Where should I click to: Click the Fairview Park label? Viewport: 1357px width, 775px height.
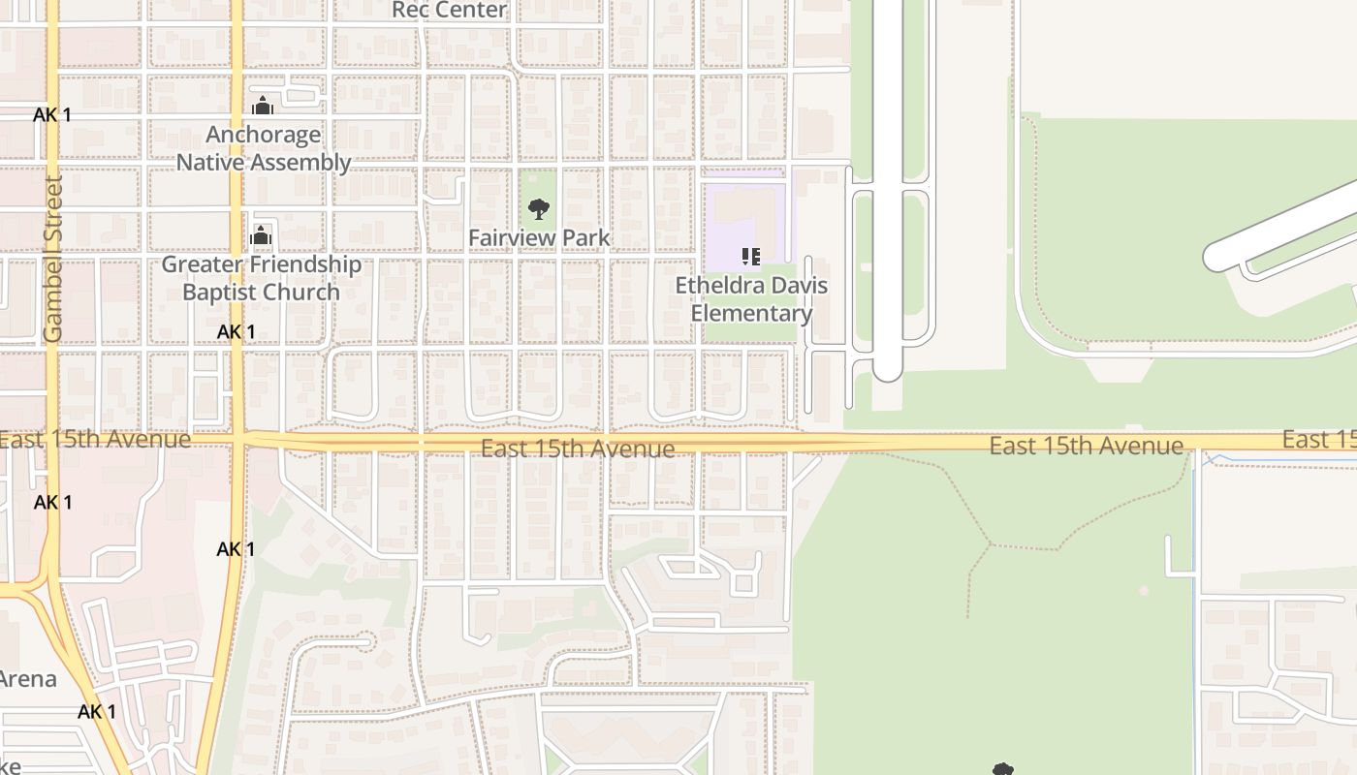click(x=539, y=237)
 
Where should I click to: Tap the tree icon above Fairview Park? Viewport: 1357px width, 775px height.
click(x=539, y=208)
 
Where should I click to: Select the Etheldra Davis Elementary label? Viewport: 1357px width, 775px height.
click(x=751, y=299)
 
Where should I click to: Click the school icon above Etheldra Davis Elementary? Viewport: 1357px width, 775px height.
click(x=750, y=257)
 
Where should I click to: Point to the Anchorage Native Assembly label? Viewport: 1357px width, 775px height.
click(x=263, y=148)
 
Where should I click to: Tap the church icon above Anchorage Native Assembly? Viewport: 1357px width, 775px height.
click(x=262, y=106)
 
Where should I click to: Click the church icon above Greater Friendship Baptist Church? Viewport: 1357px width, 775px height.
click(x=261, y=235)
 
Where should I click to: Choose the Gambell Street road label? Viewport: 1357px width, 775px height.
click(x=53, y=258)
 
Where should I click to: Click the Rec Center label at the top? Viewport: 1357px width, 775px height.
click(x=450, y=10)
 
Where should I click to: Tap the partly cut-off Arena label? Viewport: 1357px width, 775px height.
click(x=28, y=679)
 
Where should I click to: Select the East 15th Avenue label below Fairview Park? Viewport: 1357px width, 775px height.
click(x=578, y=449)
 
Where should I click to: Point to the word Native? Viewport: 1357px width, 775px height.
click(x=211, y=162)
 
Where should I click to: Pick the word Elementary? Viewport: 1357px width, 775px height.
click(x=751, y=313)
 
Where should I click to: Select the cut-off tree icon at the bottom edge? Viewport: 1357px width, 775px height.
click(x=1003, y=769)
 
